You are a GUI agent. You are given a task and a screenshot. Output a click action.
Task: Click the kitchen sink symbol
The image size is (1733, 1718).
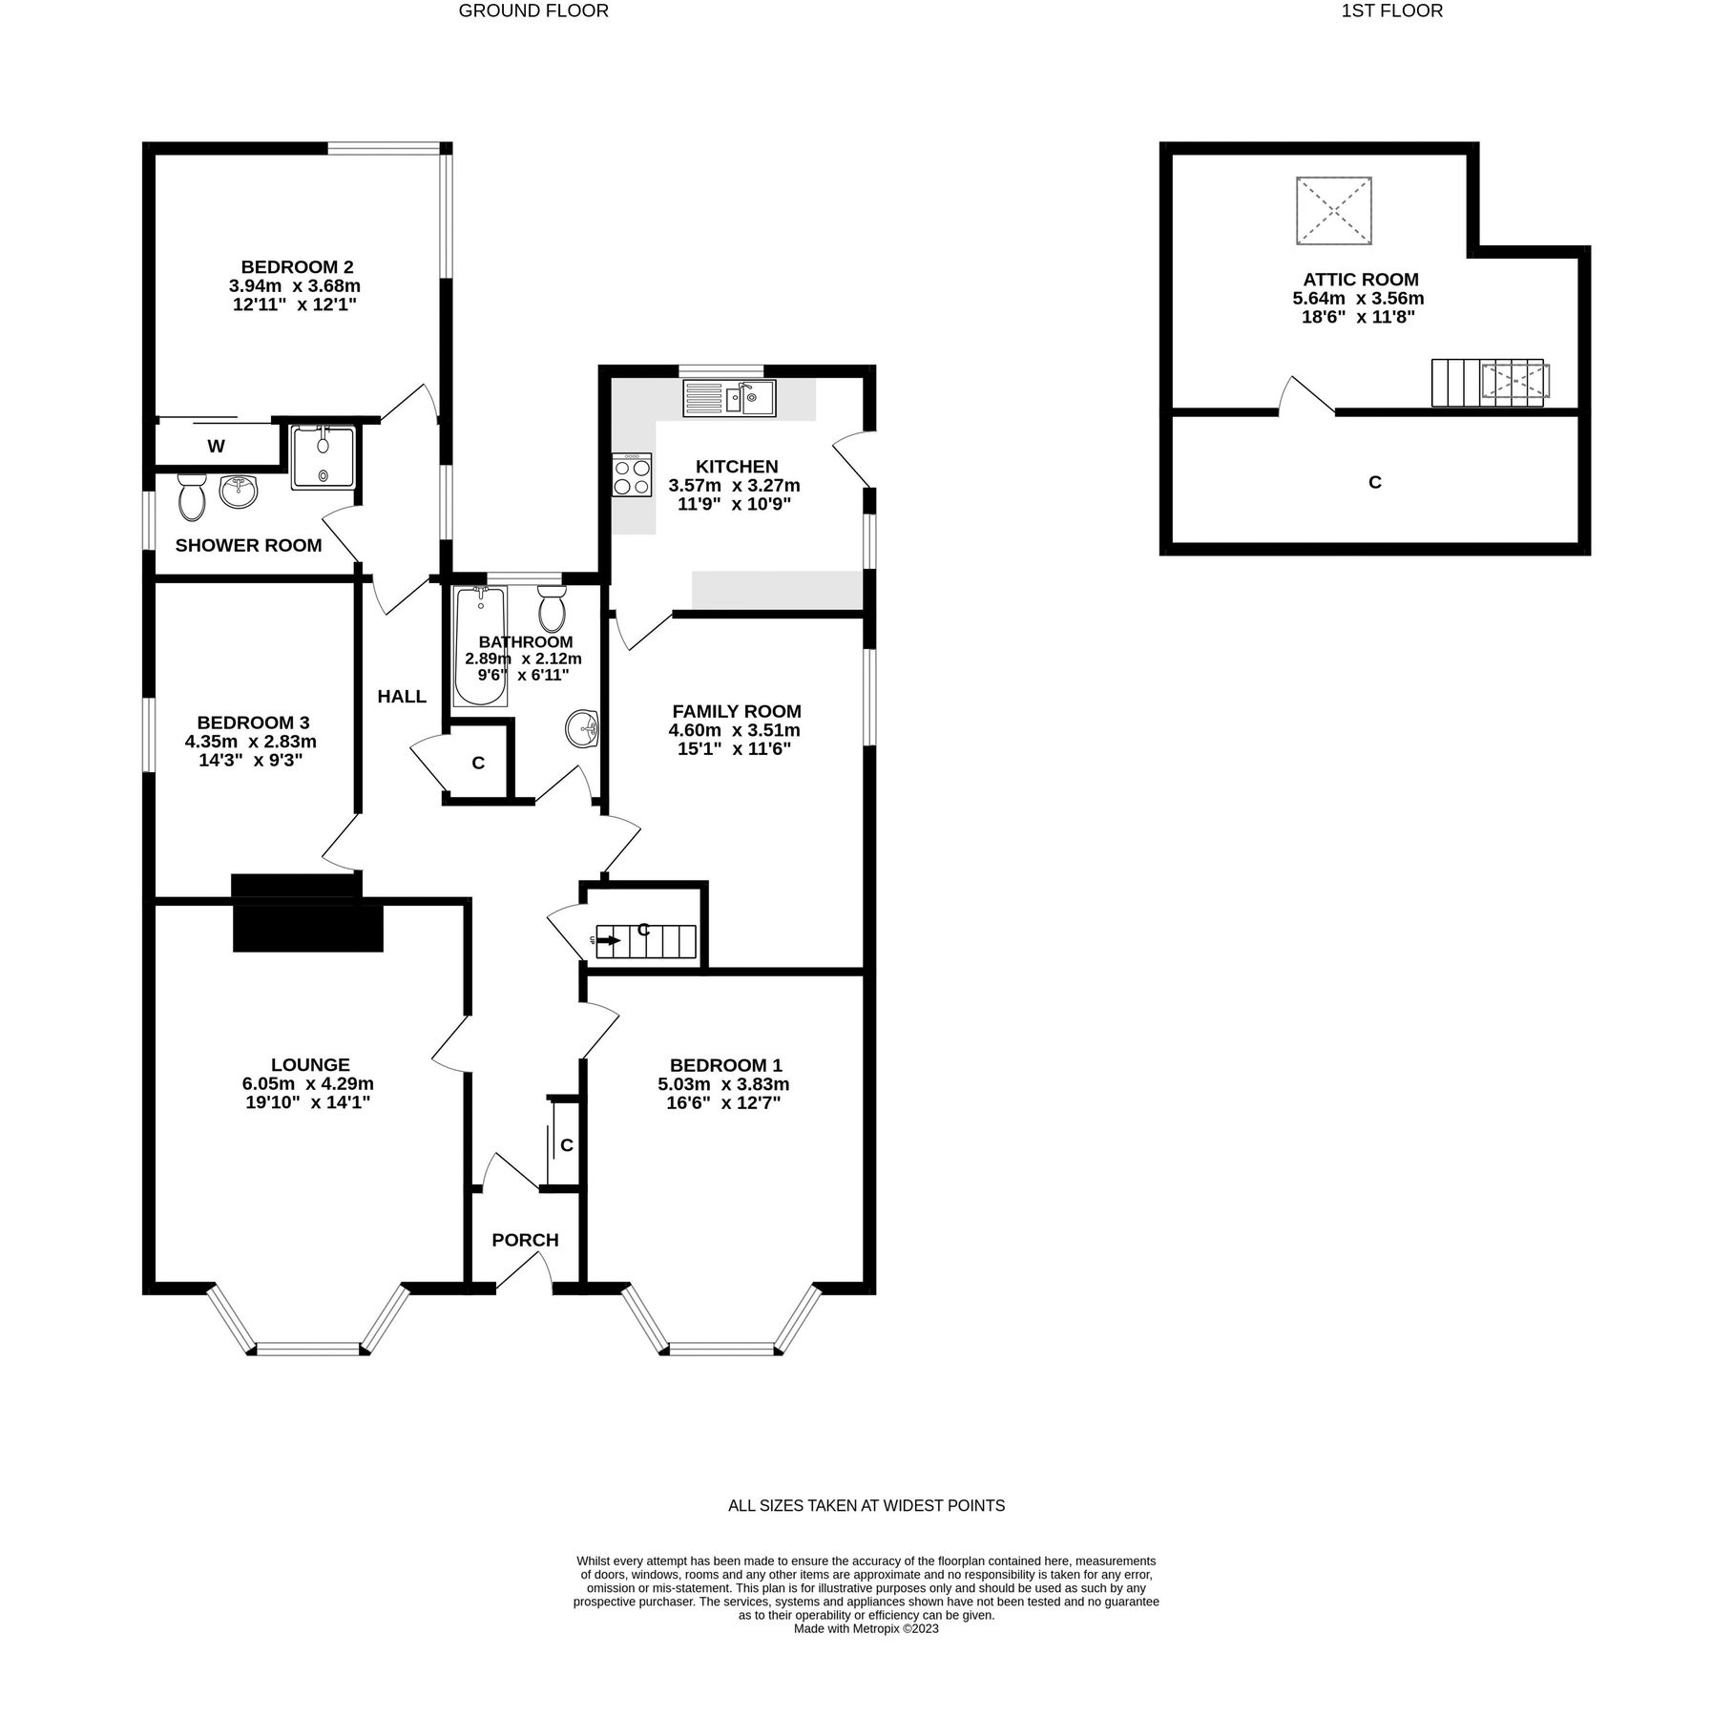[729, 398]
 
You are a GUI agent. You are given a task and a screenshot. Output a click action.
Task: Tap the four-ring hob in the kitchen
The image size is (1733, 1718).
[632, 475]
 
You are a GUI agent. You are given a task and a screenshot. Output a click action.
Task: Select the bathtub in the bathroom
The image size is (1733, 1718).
[480, 646]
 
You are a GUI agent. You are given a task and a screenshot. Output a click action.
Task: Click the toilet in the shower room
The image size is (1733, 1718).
[192, 496]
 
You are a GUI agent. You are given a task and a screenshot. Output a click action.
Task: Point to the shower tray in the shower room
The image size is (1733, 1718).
[324, 458]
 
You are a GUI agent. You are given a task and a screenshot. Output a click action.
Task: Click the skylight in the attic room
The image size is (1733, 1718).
[1333, 210]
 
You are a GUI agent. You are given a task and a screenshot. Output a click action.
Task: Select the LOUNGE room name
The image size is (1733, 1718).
[310, 1065]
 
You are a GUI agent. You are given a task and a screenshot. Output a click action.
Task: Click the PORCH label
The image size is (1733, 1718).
[525, 1241]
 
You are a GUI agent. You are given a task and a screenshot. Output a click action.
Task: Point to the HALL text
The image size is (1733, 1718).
[402, 697]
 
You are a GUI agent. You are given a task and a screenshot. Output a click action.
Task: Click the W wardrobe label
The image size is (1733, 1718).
[217, 447]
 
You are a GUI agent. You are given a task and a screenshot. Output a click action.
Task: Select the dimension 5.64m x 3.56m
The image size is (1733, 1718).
[1358, 299]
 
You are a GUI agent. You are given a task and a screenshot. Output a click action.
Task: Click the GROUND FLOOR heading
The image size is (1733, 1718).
[533, 11]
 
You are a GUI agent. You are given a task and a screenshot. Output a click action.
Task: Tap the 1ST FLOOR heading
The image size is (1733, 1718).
[1391, 11]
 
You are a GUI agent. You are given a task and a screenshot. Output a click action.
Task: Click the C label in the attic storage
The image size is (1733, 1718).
[1374, 483]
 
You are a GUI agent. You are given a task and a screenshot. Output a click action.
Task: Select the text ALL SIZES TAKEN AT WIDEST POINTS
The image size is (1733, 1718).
[866, 1506]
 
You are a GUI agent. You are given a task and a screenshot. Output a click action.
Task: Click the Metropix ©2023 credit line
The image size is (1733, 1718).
[866, 1629]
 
